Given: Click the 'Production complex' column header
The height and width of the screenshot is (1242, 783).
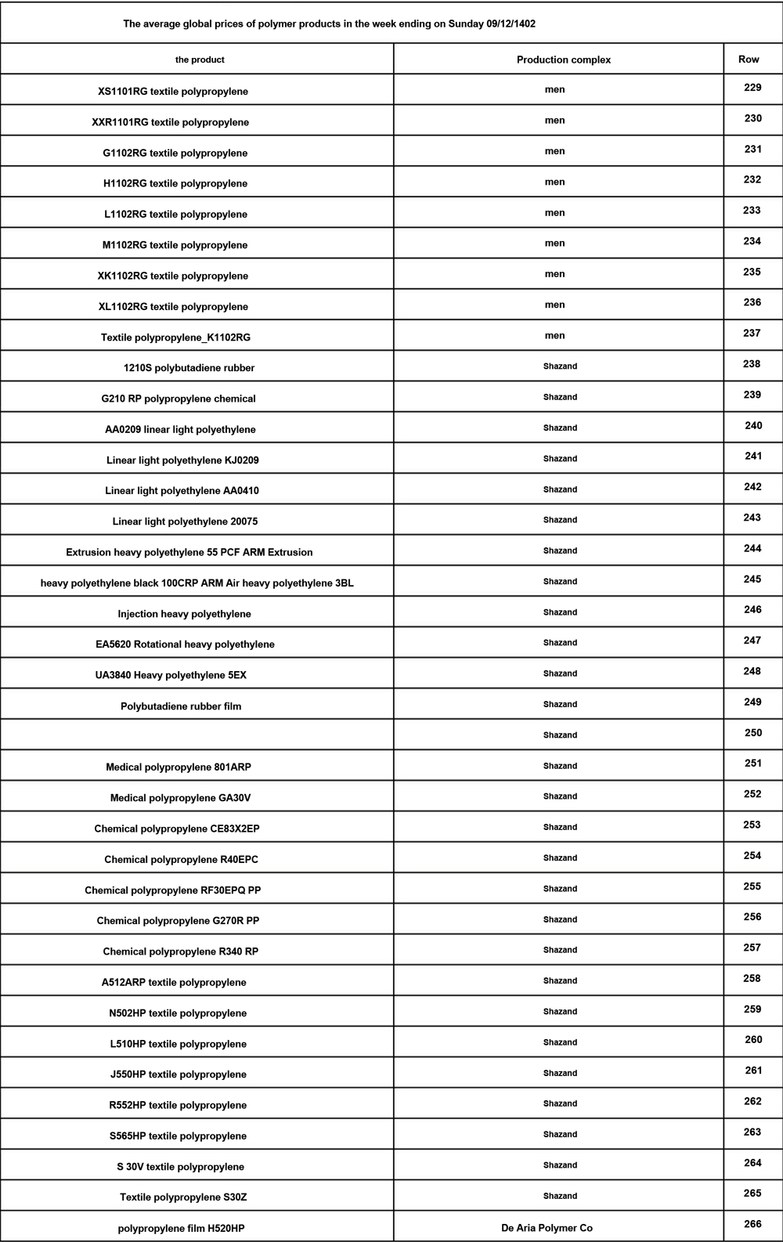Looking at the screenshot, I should [563, 60].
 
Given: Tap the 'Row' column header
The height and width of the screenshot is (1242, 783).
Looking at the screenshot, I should [749, 60].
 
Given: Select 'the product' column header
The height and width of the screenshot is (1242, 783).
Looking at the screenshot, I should [200, 60].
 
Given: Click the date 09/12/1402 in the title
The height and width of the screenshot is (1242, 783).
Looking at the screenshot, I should [511, 23].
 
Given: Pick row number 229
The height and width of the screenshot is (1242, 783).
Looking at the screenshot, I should [752, 88].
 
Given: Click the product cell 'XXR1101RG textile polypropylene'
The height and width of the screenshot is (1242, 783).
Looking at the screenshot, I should [171, 122].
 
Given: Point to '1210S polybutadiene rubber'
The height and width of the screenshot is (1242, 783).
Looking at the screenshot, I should [189, 367].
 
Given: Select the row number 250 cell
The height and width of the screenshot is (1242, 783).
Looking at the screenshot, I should [752, 733].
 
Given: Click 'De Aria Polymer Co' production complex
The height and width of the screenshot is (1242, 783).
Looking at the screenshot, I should [547, 1228].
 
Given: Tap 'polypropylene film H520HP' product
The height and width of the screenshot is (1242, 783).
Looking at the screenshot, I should [181, 1229].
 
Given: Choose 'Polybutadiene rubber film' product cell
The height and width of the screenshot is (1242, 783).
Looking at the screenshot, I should [181, 706].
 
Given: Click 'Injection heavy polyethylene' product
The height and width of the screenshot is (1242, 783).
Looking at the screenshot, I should [184, 614].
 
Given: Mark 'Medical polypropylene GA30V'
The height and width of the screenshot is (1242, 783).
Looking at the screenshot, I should [180, 798].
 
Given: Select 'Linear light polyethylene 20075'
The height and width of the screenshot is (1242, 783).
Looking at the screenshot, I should [185, 522].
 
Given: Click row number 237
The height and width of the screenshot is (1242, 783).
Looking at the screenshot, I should [752, 334].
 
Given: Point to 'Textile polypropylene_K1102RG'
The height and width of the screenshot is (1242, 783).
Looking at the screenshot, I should [175, 338].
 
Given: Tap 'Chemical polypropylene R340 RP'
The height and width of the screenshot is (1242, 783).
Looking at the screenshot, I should [180, 951].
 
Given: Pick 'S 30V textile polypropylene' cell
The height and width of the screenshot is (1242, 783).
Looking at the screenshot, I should [180, 1167].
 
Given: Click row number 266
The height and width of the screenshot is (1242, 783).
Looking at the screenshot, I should [752, 1224].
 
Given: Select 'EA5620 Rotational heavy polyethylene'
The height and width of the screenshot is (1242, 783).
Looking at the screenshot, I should [185, 644].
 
